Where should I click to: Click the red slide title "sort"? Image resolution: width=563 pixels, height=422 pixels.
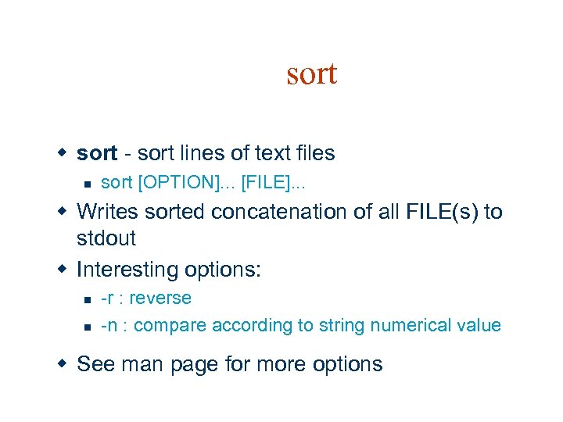311,74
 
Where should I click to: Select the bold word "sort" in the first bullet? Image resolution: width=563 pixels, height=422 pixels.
97,153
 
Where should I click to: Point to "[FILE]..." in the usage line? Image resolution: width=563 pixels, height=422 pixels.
274,183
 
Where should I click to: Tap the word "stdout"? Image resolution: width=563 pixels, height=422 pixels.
106,238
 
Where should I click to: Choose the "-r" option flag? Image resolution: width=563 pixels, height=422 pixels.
108,299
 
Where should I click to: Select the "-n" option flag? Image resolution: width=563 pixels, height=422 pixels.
109,325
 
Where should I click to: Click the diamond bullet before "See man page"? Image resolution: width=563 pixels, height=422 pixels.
66,364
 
